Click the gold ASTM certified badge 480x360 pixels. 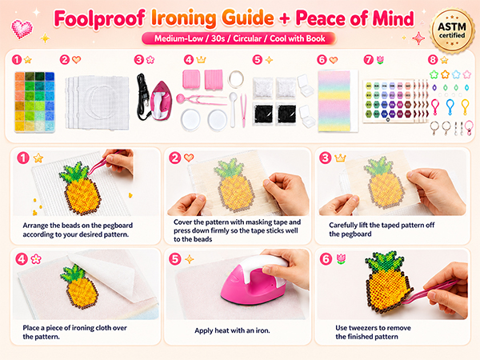[x=452, y=30]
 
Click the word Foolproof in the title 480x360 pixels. [x=99, y=18]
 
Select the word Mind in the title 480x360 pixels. [x=393, y=18]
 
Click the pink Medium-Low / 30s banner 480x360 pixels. [x=239, y=38]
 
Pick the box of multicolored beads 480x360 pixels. [x=34, y=102]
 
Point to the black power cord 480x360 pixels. [x=143, y=97]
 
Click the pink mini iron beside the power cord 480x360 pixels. [x=161, y=101]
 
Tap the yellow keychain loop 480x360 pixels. [x=465, y=107]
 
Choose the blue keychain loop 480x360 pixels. [x=450, y=107]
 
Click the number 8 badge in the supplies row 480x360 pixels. [x=433, y=59]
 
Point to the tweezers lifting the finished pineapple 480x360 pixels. [x=430, y=292]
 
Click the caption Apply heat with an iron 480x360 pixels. [x=232, y=330]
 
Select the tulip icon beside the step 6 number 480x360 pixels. [x=341, y=259]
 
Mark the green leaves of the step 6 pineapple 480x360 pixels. [x=382, y=262]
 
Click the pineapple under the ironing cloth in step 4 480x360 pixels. [x=79, y=286]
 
